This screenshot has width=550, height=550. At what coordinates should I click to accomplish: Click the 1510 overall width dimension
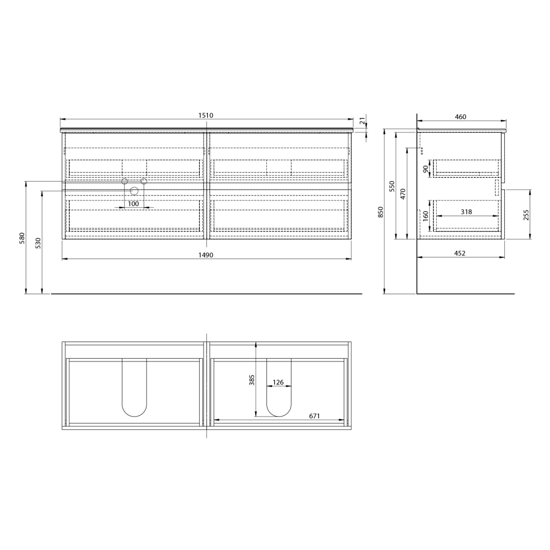(x=206, y=115)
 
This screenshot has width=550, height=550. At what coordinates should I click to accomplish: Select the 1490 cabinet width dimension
(x=206, y=255)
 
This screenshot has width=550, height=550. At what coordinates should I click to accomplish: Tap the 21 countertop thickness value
(x=363, y=122)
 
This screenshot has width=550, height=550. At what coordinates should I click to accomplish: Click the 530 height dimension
(x=38, y=243)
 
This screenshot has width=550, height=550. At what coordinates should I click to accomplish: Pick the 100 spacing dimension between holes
(x=133, y=204)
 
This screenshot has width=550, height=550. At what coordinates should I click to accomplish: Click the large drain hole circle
(x=134, y=191)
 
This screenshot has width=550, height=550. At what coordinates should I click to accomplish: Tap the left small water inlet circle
(x=125, y=182)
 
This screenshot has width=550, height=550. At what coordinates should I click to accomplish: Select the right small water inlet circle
(x=144, y=182)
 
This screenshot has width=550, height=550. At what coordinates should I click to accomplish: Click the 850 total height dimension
(x=381, y=212)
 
